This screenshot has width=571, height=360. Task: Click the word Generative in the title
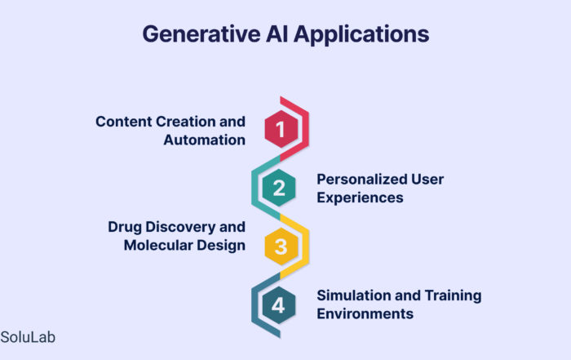click(x=201, y=34)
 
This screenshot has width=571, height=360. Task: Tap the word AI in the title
click(x=277, y=34)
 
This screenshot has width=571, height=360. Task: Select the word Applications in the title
click(x=361, y=35)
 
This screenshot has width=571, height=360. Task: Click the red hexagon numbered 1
click(x=281, y=129)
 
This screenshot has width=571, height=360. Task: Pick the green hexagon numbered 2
click(x=279, y=188)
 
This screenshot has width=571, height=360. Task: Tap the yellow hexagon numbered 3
click(x=281, y=247)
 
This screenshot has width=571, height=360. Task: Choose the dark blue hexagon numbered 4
click(x=279, y=305)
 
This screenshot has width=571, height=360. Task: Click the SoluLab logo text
click(x=28, y=337)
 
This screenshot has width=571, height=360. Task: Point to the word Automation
click(x=204, y=140)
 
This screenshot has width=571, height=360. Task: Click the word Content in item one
click(x=124, y=122)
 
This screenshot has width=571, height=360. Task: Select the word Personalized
click(x=361, y=180)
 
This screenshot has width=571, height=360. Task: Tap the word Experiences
click(x=360, y=198)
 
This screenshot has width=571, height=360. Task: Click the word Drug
click(x=125, y=227)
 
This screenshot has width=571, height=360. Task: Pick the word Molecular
click(x=158, y=245)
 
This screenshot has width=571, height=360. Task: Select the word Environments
click(x=365, y=313)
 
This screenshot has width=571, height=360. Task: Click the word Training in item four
click(x=453, y=296)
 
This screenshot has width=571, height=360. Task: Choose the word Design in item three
click(x=221, y=246)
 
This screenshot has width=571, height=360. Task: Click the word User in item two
click(x=427, y=180)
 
